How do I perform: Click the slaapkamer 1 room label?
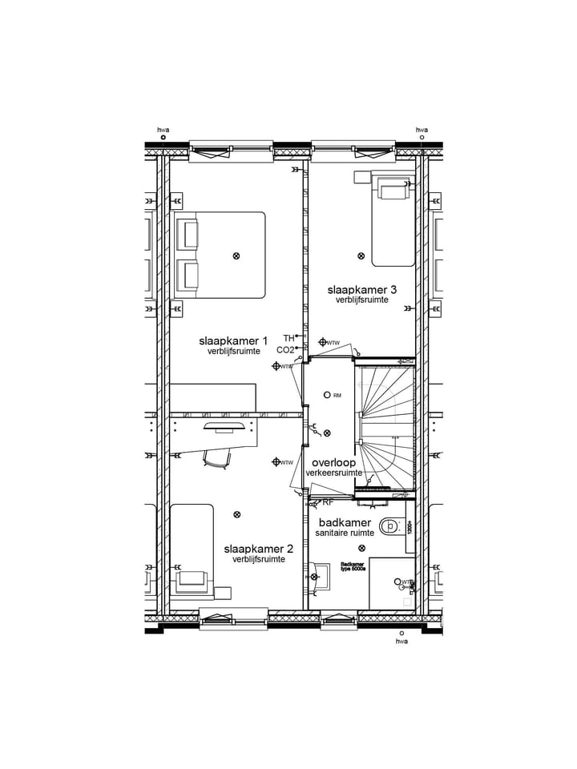click(233, 340)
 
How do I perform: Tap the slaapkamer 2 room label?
click(258, 549)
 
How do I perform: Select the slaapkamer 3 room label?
click(361, 289)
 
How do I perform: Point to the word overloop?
click(333, 463)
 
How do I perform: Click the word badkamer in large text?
click(345, 522)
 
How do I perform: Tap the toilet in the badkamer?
click(390, 526)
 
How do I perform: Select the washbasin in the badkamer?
click(321, 575)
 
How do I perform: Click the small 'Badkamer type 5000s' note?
click(353, 566)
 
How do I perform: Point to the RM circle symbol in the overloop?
click(327, 395)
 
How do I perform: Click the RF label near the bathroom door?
click(328, 503)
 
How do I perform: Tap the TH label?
click(288, 338)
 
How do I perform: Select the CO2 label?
click(285, 350)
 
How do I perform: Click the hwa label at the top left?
click(163, 130)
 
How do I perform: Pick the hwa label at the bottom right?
click(401, 641)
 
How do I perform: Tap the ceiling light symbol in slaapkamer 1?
click(236, 256)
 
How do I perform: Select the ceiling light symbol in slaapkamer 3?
click(361, 256)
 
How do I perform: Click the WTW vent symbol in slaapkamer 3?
click(323, 342)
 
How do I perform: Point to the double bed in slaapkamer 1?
click(220, 255)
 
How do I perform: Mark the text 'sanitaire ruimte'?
click(345, 533)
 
